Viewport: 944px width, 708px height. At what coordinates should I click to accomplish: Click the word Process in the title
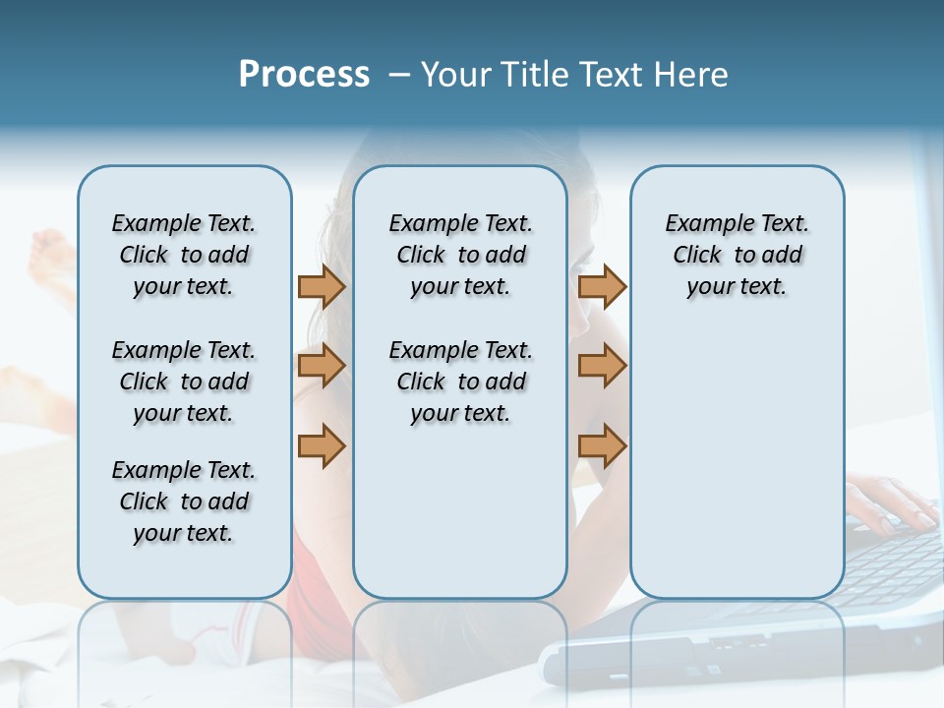pyautogui.click(x=304, y=74)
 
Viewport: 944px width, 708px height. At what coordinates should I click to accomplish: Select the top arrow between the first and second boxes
pyautogui.click(x=322, y=287)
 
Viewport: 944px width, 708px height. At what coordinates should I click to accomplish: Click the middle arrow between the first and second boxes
pyautogui.click(x=322, y=367)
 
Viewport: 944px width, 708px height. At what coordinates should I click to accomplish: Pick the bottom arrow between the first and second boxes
pyautogui.click(x=322, y=446)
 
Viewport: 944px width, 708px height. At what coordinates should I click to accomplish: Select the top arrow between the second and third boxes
pyautogui.click(x=602, y=287)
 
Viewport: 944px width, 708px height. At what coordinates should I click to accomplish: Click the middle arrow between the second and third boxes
pyautogui.click(x=602, y=367)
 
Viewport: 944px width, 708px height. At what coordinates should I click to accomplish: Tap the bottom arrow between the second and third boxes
pyautogui.click(x=602, y=446)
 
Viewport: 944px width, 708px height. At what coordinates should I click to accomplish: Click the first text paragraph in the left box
pyautogui.click(x=184, y=255)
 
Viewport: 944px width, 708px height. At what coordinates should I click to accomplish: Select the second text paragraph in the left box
pyautogui.click(x=184, y=382)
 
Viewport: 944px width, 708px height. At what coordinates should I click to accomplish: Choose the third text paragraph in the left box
pyautogui.click(x=184, y=501)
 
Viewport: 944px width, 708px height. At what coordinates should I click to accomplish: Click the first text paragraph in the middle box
pyautogui.click(x=460, y=255)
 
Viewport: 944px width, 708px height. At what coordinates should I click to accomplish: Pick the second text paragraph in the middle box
pyautogui.click(x=460, y=382)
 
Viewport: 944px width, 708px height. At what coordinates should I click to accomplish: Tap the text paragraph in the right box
pyautogui.click(x=737, y=255)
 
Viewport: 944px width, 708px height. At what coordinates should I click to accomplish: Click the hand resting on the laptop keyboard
pyautogui.click(x=890, y=501)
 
